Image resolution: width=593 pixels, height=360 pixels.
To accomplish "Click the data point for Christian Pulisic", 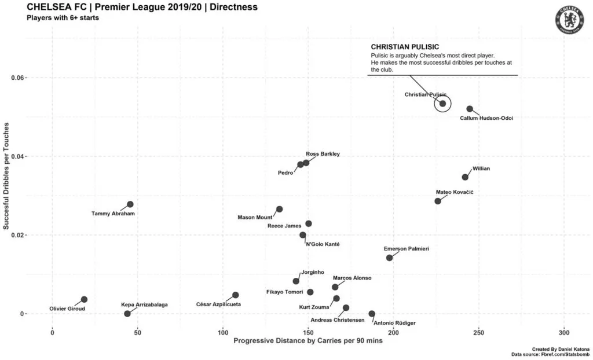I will click(442, 104).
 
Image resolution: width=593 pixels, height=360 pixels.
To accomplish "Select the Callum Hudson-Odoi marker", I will click(470, 109).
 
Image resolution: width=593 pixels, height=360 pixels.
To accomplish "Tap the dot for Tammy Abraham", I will click(130, 204).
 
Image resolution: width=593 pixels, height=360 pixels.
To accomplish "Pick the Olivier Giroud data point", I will click(84, 299).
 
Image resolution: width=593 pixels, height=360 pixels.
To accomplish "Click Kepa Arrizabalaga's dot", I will click(127, 314).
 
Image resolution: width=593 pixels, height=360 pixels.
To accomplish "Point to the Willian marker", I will click(465, 177).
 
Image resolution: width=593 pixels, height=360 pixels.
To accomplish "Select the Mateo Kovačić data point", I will click(438, 201).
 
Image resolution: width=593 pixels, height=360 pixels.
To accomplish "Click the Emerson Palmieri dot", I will click(389, 258).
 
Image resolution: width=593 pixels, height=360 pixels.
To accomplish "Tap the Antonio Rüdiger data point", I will click(372, 314).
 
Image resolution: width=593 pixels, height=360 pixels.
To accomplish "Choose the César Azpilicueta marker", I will click(235, 295).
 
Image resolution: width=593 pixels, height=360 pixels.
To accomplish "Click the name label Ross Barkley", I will click(323, 154).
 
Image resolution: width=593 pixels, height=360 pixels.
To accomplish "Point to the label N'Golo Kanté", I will click(322, 244).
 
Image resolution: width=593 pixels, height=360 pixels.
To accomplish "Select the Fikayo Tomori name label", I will click(285, 292).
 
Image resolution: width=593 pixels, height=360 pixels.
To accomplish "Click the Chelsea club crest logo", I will click(568, 19).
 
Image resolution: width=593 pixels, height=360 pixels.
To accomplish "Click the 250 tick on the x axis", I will click(478, 333).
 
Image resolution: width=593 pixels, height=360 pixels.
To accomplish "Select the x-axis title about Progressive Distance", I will click(308, 341).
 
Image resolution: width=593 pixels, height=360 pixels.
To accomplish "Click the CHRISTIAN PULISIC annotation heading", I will click(404, 47).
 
